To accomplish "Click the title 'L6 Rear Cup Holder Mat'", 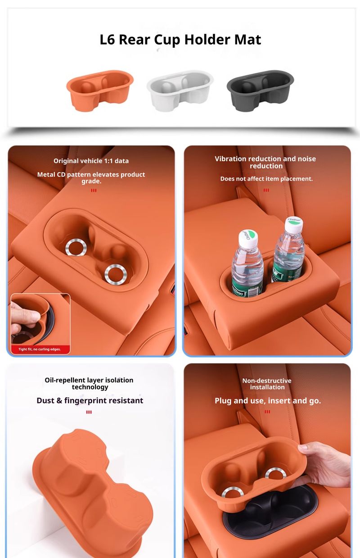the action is click(x=180, y=40).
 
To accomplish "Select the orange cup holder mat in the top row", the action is click(x=100, y=91).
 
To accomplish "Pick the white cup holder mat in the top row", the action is click(x=180, y=91).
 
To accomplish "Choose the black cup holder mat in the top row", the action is click(x=260, y=91).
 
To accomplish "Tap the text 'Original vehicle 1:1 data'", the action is click(x=91, y=161).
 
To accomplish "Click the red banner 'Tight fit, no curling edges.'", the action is click(x=39, y=349).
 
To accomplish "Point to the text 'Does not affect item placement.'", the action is click(x=266, y=179).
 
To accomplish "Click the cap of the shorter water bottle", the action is click(x=247, y=237).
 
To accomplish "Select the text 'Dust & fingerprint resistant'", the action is click(x=90, y=400).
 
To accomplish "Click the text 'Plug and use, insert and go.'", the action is click(x=268, y=401).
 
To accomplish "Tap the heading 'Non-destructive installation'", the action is click(x=267, y=384).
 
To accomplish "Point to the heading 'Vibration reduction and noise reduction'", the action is click(x=265, y=162).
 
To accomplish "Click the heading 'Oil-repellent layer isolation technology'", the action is click(x=89, y=383).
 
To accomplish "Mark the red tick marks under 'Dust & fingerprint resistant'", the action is click(x=89, y=412).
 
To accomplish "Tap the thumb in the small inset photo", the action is click(x=28, y=315).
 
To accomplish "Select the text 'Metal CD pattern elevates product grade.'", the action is click(x=91, y=177).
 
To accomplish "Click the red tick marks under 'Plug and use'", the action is click(x=267, y=412).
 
